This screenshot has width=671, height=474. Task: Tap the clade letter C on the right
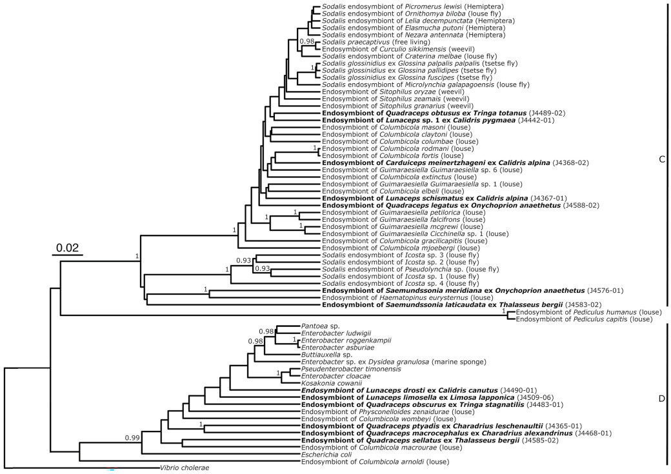tap(661, 159)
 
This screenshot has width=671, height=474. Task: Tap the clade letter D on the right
tap(661, 399)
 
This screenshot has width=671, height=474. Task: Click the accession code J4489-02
tap(547, 113)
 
